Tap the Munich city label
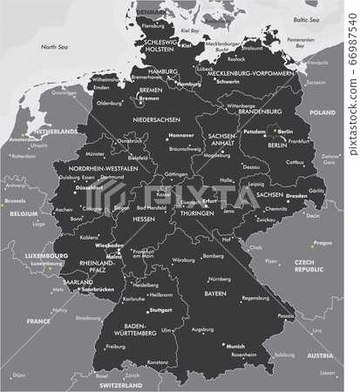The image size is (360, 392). pos(237,347)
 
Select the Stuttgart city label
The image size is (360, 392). pos(161,310)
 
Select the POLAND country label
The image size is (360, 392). pos(323,112)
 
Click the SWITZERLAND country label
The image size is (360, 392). pos(119,384)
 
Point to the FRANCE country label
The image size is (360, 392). pos(40,321)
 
